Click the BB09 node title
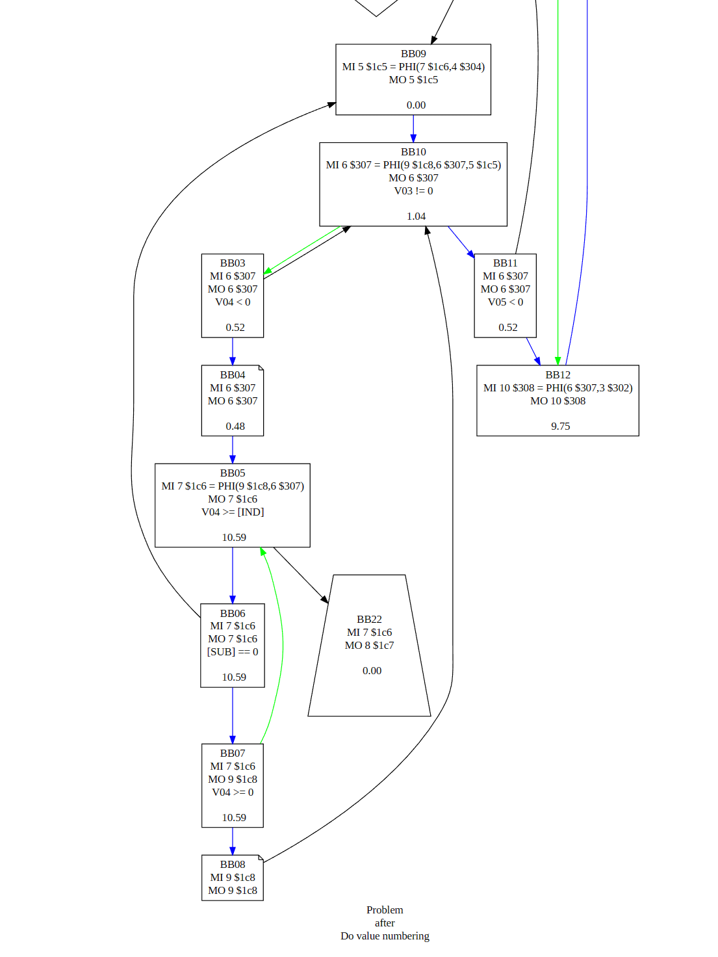pos(413,54)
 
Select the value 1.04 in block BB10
pos(416,216)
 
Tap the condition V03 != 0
pos(413,191)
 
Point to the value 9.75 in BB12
pos(560,426)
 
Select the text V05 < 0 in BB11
pos(506,302)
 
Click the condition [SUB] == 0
pos(233,652)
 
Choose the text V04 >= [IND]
pos(233,512)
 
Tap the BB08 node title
pos(233,865)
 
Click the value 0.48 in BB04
pos(235,426)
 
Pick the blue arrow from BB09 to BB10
pos(413,129)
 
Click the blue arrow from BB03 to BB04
pos(233,351)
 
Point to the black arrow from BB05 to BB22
pos(300,575)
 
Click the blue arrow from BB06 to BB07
pos(233,715)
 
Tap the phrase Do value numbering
pos(385,936)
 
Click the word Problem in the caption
pos(385,910)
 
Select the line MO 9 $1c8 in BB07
pos(233,780)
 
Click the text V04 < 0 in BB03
pos(233,302)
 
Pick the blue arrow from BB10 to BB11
pos(461,242)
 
